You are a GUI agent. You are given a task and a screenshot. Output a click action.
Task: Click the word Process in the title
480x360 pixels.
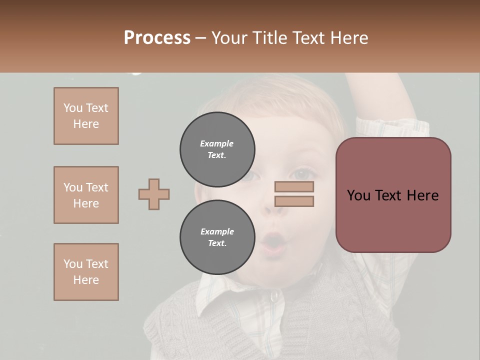pos(157,38)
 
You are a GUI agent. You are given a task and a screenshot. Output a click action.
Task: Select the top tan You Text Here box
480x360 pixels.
pos(86,116)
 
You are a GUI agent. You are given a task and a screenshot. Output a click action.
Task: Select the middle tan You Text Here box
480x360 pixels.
pos(86,195)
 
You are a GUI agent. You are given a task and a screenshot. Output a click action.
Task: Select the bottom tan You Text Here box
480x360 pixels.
pos(86,272)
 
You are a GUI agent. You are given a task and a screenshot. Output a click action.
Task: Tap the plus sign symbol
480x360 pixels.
pos(154,194)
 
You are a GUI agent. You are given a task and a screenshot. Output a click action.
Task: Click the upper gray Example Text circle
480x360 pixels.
pos(217,149)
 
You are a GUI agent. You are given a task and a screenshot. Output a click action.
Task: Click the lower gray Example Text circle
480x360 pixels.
pos(217,237)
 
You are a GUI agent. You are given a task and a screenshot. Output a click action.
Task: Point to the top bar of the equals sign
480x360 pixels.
pos(294,187)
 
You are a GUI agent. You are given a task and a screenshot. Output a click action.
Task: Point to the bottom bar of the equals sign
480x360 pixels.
pos(294,201)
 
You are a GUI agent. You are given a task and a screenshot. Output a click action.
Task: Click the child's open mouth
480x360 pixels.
pos(273,243)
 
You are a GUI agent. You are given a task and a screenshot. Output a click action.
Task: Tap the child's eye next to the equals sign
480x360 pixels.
pos(301,174)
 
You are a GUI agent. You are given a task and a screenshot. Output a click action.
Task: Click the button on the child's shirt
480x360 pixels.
pos(273,297)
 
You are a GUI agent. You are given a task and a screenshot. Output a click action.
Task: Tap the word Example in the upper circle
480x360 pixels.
pos(217,143)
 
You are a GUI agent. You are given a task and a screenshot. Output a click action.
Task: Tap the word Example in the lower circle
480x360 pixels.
pos(217,231)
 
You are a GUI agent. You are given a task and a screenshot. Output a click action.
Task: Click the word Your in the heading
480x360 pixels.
pos(228,38)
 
